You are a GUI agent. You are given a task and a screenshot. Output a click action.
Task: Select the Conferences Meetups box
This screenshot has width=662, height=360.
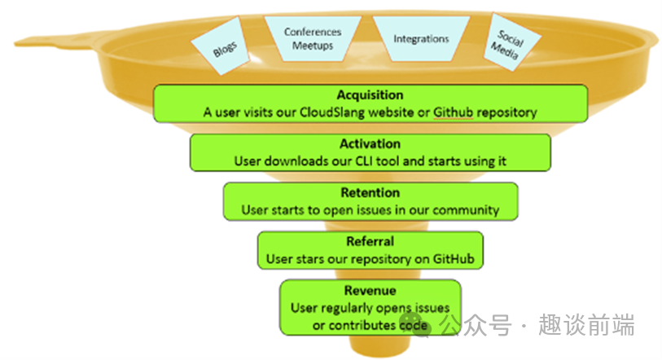[x=313, y=38]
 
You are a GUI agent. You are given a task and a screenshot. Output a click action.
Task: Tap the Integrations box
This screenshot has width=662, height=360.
[x=421, y=38]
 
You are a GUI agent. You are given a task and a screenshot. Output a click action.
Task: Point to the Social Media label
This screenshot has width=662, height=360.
[x=506, y=46]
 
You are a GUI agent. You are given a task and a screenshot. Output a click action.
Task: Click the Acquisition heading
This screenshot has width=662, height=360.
[x=370, y=95]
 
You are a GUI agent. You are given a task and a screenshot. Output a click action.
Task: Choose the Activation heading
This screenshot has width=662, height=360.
[x=370, y=144]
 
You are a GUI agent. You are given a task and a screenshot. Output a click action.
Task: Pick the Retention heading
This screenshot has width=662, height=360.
[x=370, y=193]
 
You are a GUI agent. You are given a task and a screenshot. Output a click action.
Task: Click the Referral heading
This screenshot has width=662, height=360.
[x=370, y=242]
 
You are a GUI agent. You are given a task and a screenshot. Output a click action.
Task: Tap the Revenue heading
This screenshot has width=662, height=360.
[x=370, y=290]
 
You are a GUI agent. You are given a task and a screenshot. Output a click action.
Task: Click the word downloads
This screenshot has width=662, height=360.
[x=293, y=161]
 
